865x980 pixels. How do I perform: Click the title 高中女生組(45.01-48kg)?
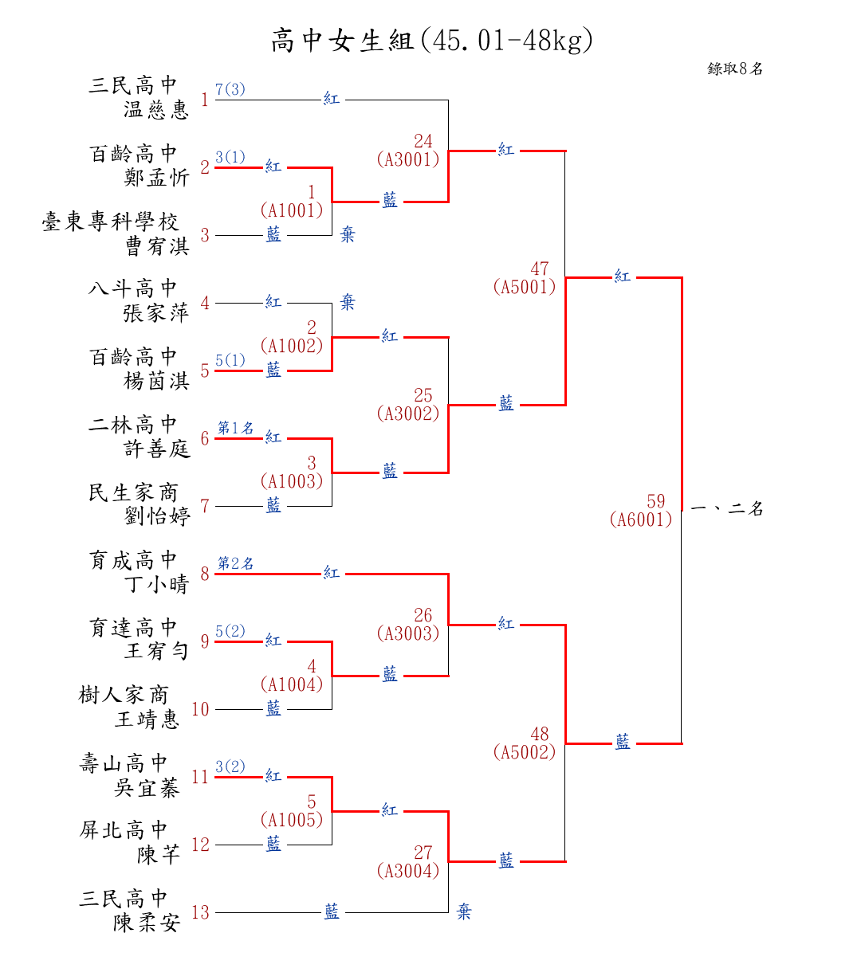[x=432, y=40]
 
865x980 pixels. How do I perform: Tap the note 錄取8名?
[x=735, y=69]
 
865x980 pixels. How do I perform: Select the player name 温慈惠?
[x=156, y=109]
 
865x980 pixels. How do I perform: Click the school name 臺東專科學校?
[x=111, y=221]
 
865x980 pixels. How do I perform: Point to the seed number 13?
[x=200, y=912]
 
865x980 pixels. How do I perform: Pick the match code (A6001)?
[x=641, y=519]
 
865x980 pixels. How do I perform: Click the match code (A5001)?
[x=525, y=287]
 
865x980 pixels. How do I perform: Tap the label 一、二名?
[x=726, y=508]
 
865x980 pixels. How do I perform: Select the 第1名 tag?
[x=236, y=428]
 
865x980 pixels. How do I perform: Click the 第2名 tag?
[x=236, y=563]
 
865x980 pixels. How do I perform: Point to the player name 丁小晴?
[x=156, y=584]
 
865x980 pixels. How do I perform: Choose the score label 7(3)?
[x=230, y=89]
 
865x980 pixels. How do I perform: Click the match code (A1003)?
[x=292, y=481]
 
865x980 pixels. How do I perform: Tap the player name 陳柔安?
[x=147, y=923]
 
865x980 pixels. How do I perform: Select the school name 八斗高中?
[x=133, y=288]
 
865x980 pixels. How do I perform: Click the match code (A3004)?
[x=408, y=871]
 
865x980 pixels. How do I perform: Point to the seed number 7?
[x=205, y=506]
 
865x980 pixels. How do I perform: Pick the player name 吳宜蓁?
[x=147, y=788]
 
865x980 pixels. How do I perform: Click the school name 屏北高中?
[x=124, y=830]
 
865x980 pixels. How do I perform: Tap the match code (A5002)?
[x=525, y=752]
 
